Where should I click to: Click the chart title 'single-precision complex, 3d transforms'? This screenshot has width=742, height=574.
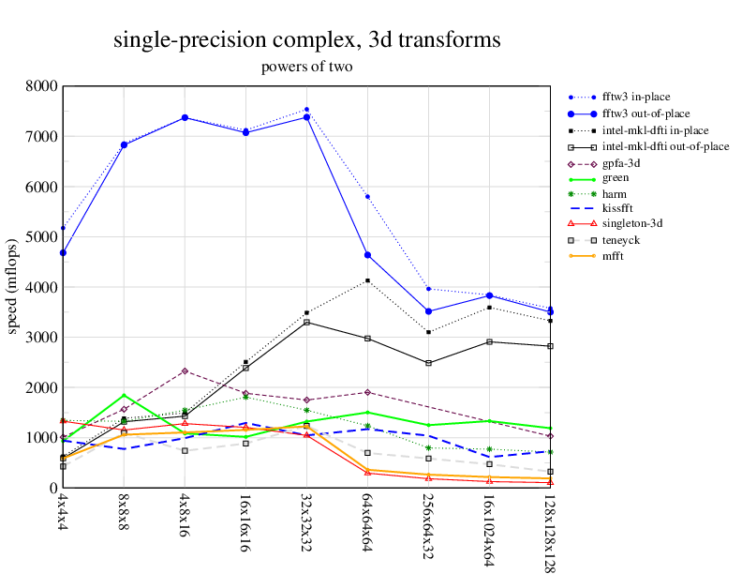306,40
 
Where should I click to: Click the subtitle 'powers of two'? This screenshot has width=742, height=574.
306,67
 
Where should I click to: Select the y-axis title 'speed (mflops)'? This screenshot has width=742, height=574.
13,287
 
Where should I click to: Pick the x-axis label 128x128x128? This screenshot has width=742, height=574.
550,531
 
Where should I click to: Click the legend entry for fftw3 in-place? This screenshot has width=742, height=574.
635,96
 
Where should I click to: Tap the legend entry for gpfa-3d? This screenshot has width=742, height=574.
621,163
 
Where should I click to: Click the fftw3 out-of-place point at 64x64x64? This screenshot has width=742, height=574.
367,255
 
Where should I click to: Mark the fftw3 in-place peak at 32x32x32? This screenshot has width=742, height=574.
306,110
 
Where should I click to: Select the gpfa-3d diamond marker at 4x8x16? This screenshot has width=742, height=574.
185,371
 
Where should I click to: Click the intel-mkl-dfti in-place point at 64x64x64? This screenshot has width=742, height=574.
367,280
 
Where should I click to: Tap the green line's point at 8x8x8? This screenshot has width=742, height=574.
124,396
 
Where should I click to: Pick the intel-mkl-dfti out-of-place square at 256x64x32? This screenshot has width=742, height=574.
428,363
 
